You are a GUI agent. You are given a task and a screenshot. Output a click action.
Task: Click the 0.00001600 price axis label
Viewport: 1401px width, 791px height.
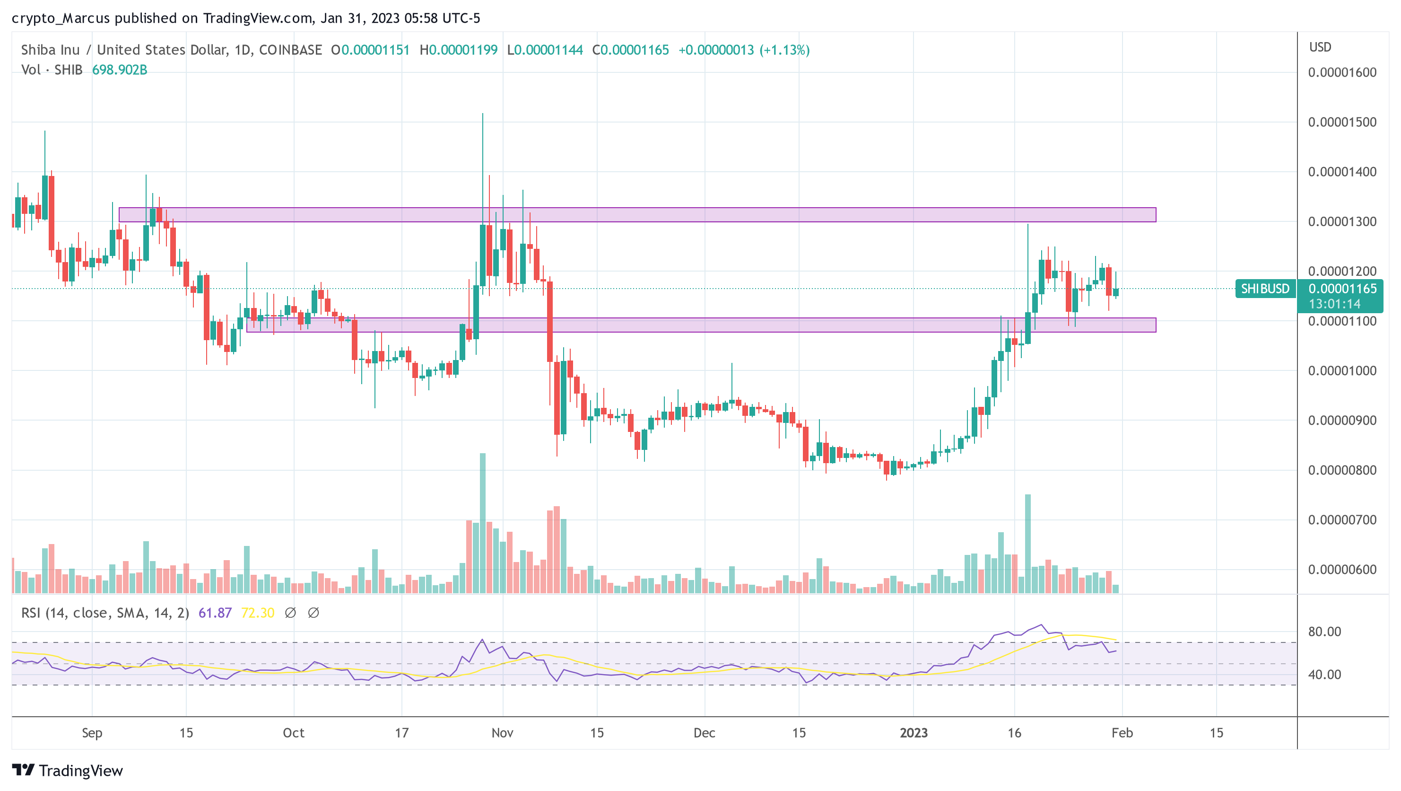point(1342,72)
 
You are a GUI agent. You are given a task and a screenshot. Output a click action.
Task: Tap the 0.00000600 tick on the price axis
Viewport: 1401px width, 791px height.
point(1342,570)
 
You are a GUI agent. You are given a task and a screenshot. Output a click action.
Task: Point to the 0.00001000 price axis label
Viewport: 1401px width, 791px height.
point(1342,370)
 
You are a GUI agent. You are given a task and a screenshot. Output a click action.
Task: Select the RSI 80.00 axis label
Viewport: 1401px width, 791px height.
point(1324,632)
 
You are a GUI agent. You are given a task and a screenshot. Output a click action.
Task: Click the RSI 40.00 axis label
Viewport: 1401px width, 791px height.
point(1324,675)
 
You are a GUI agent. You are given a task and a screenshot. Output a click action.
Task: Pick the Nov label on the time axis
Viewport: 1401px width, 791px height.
point(502,733)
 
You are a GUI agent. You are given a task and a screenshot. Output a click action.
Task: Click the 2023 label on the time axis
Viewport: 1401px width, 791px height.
point(913,733)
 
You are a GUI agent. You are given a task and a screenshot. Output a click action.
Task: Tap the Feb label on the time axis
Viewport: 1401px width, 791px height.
point(1122,733)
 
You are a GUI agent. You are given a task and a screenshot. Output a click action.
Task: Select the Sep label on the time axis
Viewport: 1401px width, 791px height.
point(92,733)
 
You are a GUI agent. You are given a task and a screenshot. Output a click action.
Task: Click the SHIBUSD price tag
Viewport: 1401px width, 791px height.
point(1265,289)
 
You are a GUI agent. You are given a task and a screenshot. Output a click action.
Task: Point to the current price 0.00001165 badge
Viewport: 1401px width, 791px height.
point(1342,289)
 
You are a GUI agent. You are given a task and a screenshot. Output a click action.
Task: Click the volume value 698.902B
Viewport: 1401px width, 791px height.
point(120,70)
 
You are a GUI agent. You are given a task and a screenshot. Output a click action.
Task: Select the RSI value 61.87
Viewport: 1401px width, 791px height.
point(215,613)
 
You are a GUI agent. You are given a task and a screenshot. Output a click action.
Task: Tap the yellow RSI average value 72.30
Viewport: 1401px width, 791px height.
point(257,613)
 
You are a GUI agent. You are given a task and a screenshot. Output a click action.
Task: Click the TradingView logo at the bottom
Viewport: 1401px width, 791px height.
point(68,770)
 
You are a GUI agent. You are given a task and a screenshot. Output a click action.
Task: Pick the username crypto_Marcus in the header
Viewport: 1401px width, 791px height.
point(61,18)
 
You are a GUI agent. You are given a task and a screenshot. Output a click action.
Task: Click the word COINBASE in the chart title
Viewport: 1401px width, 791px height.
point(290,50)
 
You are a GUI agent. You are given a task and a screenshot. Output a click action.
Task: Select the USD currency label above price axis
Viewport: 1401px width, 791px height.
point(1320,47)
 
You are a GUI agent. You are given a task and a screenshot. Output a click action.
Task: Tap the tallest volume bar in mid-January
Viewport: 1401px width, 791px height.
point(1027,544)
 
